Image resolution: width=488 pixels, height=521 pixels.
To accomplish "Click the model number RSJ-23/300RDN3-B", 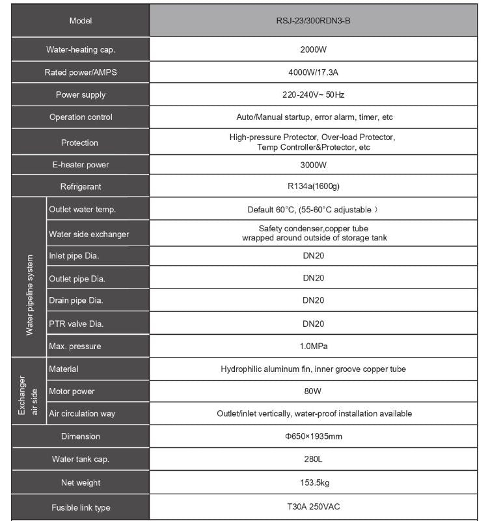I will pyautogui.click(x=314, y=20).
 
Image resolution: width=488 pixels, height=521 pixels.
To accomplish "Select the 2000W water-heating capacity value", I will pyautogui.click(x=314, y=49).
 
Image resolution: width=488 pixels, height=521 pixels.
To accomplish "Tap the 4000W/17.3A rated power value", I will pyautogui.click(x=314, y=72).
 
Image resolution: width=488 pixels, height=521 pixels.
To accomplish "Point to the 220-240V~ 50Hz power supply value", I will pyautogui.click(x=314, y=95).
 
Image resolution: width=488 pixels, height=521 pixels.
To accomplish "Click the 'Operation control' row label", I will pyautogui.click(x=81, y=117).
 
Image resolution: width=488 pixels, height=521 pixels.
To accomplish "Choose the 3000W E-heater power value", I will pyautogui.click(x=314, y=165).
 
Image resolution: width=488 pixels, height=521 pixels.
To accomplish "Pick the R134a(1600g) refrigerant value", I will pyautogui.click(x=314, y=187).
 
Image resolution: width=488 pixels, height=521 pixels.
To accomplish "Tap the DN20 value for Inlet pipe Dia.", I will pyautogui.click(x=314, y=256).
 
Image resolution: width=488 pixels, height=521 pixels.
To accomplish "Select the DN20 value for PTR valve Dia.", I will pyautogui.click(x=314, y=324).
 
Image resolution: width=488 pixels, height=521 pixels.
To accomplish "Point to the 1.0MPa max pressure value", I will pyautogui.click(x=314, y=346).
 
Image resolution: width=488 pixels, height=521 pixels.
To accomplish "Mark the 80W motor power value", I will pyautogui.click(x=314, y=391).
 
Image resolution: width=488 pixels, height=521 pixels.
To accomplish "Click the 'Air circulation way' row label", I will pyautogui.click(x=81, y=414).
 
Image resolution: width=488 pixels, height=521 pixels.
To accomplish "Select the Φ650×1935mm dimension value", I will pyautogui.click(x=314, y=436).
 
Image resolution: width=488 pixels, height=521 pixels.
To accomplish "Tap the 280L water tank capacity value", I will pyautogui.click(x=314, y=459).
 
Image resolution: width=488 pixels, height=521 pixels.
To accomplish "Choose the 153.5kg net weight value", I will pyautogui.click(x=314, y=483).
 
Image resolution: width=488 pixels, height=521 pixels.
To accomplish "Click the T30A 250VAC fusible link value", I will pyautogui.click(x=314, y=507).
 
